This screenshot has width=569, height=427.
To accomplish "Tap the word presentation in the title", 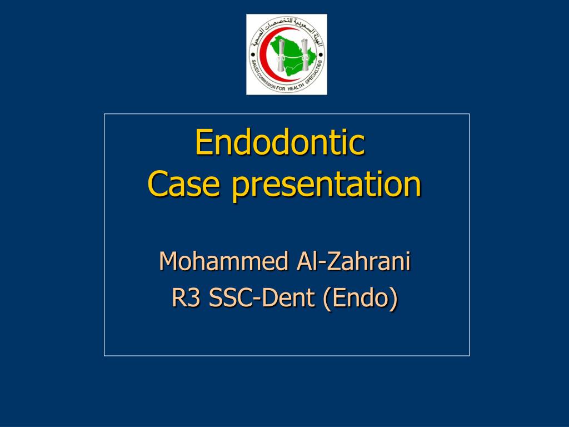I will (326, 186).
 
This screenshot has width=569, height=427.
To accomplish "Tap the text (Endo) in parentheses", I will (361, 299).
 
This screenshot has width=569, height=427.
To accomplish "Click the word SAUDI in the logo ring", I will (254, 65).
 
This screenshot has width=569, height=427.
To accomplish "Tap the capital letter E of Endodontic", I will (201, 142).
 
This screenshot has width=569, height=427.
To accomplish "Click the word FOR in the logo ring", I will (281, 88).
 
